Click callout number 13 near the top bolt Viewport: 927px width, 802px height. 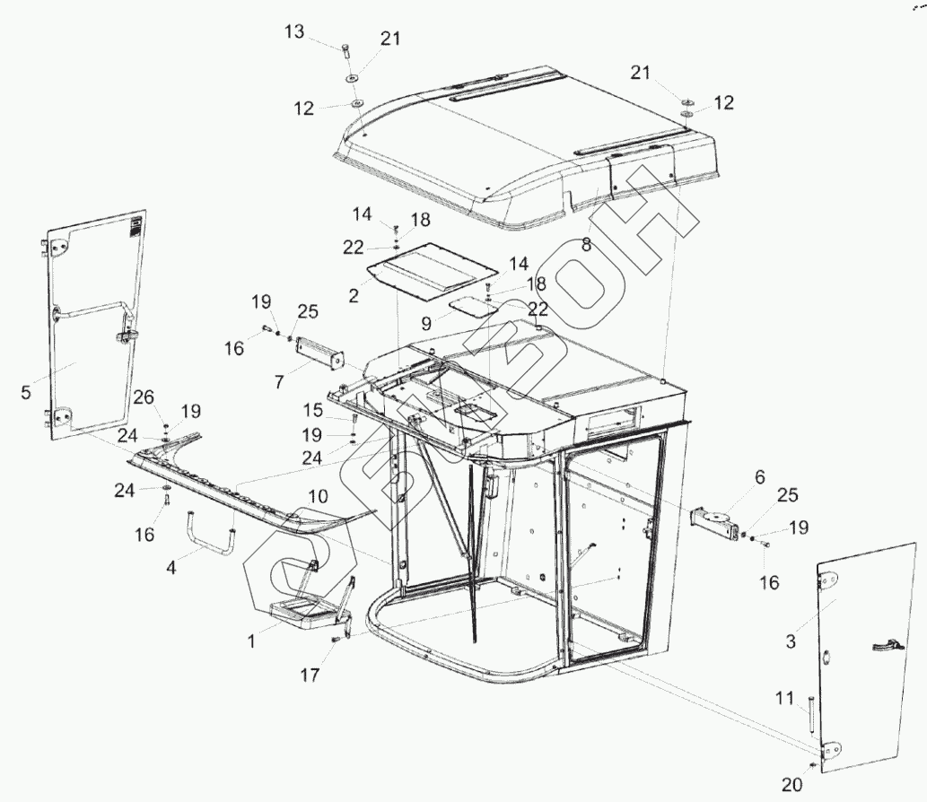pos(294,31)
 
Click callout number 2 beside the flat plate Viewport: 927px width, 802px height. pos(354,293)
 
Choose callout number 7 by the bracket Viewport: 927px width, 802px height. pos(280,381)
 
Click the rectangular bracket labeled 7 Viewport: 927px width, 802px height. pos(320,352)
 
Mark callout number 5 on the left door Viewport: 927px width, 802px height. pos(25,391)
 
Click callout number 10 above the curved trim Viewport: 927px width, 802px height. pos(318,496)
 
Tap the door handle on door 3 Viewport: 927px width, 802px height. pos(885,642)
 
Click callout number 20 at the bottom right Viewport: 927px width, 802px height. pos(790,785)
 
